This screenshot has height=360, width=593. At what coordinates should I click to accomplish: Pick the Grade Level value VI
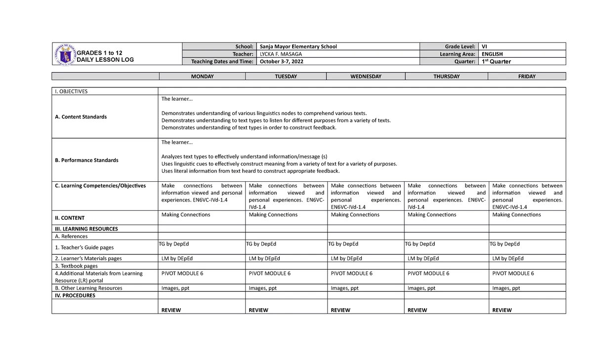pyautogui.click(x=484, y=46)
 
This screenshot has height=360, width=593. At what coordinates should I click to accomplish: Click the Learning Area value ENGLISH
pyautogui.click(x=492, y=54)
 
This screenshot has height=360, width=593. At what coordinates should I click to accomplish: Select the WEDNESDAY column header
pyautogui.click(x=366, y=77)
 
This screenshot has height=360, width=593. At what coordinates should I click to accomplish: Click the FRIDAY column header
pyautogui.click(x=527, y=77)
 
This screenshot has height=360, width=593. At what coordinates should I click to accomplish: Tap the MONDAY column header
pyautogui.click(x=202, y=77)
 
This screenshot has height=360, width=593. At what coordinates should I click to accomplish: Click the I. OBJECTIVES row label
pyautogui.click(x=71, y=91)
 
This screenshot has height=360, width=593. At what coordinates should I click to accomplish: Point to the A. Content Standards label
pyautogui.click(x=81, y=117)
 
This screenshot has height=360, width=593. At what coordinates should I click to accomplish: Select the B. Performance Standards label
pyautogui.click(x=86, y=160)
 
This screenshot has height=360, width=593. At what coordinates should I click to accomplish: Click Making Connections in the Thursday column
pyautogui.click(x=432, y=215)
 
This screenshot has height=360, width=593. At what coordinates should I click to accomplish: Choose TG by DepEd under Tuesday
pyautogui.click(x=261, y=244)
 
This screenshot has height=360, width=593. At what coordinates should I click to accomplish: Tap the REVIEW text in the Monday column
pyautogui.click(x=171, y=310)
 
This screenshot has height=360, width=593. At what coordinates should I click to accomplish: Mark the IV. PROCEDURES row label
pyautogui.click(x=75, y=295)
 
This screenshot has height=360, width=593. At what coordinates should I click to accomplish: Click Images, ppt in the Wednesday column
pyautogui.click(x=344, y=288)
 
